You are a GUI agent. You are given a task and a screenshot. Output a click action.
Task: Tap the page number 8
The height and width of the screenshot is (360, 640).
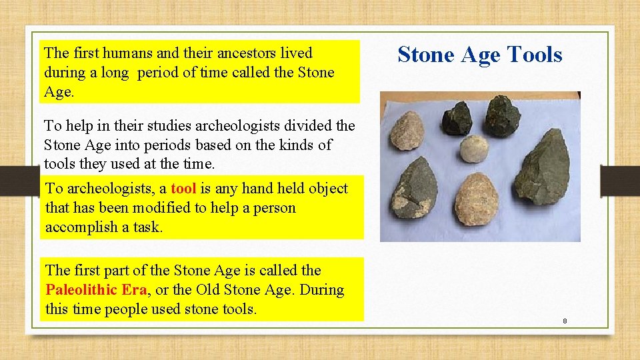(x=565, y=321)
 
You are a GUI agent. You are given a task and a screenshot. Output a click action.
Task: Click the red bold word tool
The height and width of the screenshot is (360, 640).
(x=183, y=189)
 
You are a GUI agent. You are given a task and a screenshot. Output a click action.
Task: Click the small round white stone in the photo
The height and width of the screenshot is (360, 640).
(x=473, y=150)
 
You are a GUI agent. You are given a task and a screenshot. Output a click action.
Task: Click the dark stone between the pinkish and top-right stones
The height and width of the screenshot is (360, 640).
(x=457, y=120)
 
